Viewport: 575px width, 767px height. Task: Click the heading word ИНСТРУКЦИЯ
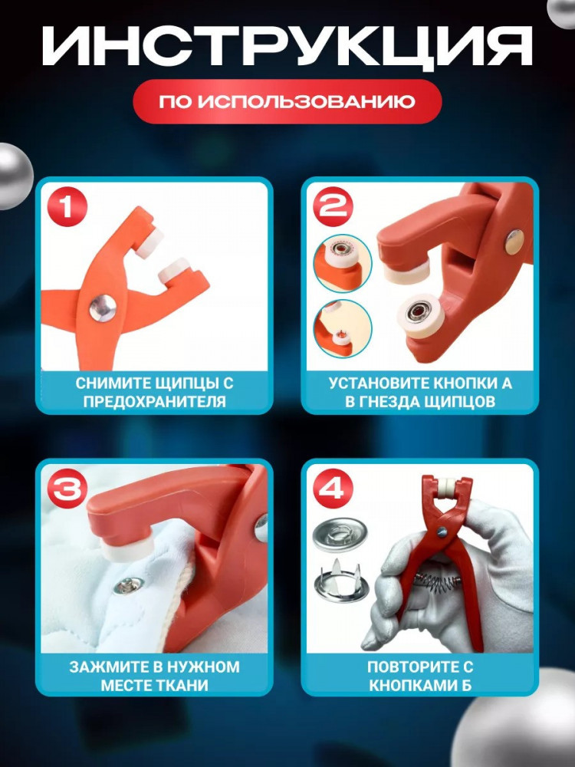287,47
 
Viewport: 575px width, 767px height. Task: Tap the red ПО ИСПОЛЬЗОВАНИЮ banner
287,102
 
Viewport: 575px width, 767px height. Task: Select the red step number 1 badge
67,206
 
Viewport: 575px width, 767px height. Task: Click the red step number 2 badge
333,206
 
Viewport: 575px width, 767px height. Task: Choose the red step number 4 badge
333,488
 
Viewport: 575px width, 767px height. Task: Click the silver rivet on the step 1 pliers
103,308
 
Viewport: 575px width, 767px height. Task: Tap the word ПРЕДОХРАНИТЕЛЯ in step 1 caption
155,402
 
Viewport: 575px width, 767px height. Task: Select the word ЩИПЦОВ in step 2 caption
459,402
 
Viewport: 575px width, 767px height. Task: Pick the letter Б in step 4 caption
466,685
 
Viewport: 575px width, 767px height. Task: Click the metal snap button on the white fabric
129,585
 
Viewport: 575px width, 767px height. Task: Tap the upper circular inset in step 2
342,263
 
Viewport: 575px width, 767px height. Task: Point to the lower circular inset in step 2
342,328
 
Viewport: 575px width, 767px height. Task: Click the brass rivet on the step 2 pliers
514,242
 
